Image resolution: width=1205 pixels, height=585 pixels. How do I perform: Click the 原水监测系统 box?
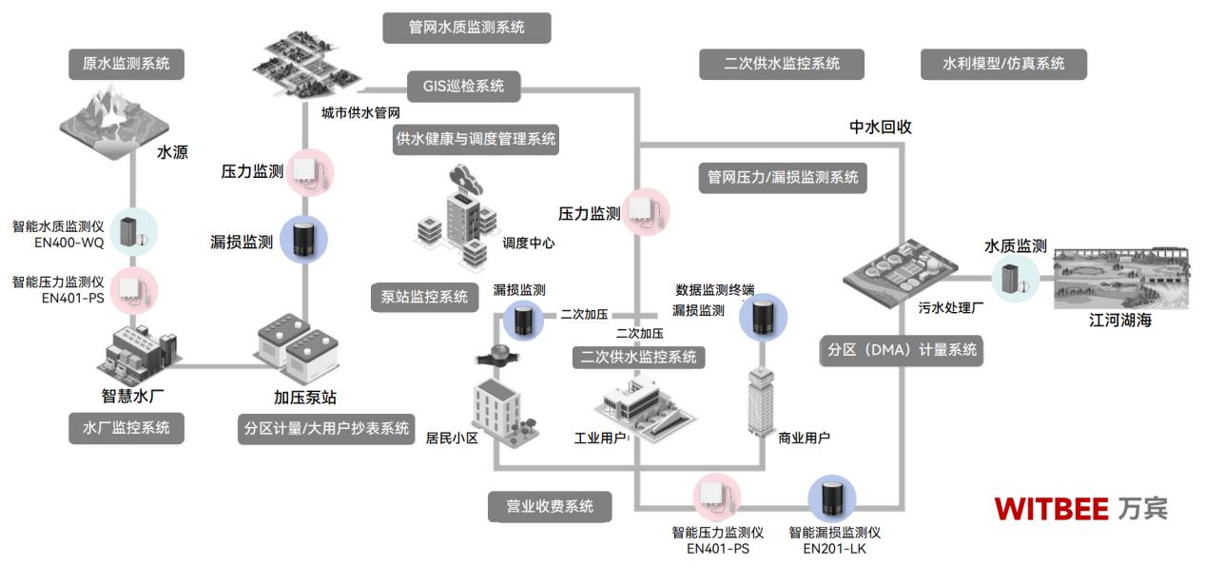click(x=126, y=65)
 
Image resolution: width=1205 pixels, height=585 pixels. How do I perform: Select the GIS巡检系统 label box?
click(x=464, y=87)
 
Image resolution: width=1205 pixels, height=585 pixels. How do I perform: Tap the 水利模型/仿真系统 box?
click(x=1002, y=65)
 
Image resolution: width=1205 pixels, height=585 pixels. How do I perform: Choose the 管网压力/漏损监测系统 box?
click(x=782, y=178)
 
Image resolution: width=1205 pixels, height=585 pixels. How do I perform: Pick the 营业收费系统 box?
click(x=549, y=507)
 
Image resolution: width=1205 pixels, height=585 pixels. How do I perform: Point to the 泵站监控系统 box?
click(x=418, y=297)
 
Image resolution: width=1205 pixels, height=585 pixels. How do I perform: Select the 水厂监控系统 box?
click(x=126, y=428)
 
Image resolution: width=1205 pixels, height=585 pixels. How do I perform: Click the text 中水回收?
click(x=880, y=127)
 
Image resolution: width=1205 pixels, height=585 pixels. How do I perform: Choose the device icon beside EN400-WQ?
click(x=126, y=230)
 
